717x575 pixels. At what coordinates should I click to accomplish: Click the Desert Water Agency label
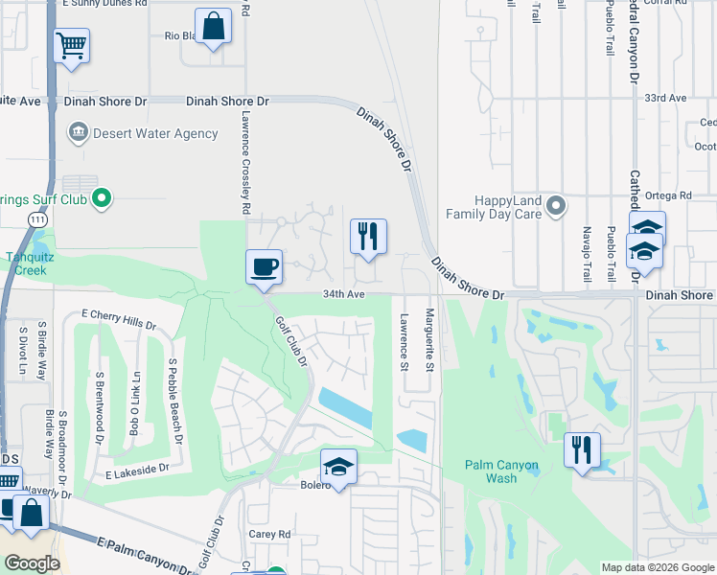[142, 133]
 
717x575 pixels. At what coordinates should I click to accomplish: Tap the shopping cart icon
[72, 44]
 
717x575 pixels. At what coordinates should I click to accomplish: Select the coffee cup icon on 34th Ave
[264, 265]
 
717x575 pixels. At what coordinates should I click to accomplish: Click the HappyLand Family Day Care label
[495, 207]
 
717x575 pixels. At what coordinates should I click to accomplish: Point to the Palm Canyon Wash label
[502, 471]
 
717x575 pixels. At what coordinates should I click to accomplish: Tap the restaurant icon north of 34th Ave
[368, 236]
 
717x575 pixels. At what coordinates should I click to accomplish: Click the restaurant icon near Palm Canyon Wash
[582, 449]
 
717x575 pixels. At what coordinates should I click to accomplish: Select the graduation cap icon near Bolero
[338, 466]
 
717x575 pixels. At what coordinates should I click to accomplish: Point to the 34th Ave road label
[344, 293]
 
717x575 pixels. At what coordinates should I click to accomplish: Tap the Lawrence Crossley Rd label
[245, 169]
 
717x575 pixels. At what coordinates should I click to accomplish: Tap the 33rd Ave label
[666, 98]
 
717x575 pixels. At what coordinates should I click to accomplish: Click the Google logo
[33, 563]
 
